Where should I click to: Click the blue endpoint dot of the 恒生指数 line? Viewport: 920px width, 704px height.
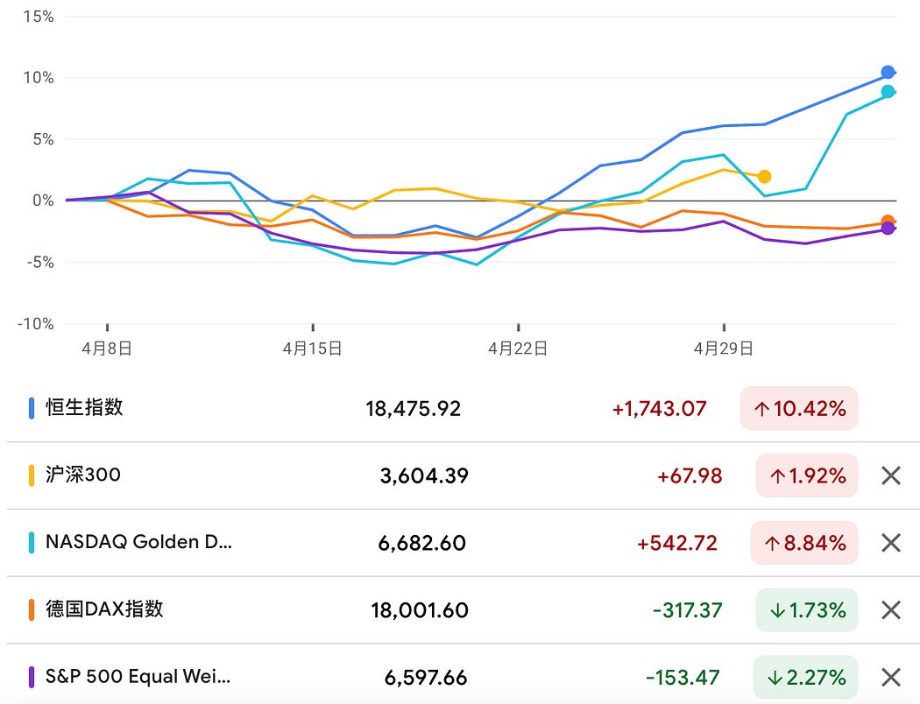click(x=888, y=73)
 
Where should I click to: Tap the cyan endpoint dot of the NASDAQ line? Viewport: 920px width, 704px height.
click(x=888, y=92)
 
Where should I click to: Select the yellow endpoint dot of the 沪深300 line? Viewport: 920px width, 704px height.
click(x=764, y=177)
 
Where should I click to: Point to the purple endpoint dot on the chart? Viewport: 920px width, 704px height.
click(x=888, y=229)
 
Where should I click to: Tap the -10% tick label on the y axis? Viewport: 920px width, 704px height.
click(x=36, y=324)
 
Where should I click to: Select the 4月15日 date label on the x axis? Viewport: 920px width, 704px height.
click(x=312, y=348)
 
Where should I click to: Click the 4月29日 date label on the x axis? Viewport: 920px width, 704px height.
click(x=723, y=348)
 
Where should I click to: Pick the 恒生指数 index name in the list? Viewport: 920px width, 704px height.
click(x=84, y=407)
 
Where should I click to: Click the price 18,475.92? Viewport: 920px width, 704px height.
click(x=413, y=408)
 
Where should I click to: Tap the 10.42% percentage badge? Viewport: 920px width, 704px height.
click(x=799, y=408)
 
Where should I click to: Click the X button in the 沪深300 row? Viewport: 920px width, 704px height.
click(x=890, y=475)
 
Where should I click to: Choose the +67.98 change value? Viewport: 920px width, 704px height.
click(x=690, y=475)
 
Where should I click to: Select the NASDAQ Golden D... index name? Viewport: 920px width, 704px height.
click(x=138, y=542)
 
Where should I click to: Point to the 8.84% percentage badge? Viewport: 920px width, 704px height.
click(x=804, y=543)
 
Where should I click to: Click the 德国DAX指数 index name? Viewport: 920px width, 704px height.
click(x=104, y=609)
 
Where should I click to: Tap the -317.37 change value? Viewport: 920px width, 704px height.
click(x=687, y=610)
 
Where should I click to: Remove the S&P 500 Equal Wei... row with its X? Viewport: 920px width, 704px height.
click(x=890, y=677)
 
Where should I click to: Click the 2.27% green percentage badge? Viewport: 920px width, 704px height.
click(x=805, y=678)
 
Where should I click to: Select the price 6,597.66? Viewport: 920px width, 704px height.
click(x=425, y=678)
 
